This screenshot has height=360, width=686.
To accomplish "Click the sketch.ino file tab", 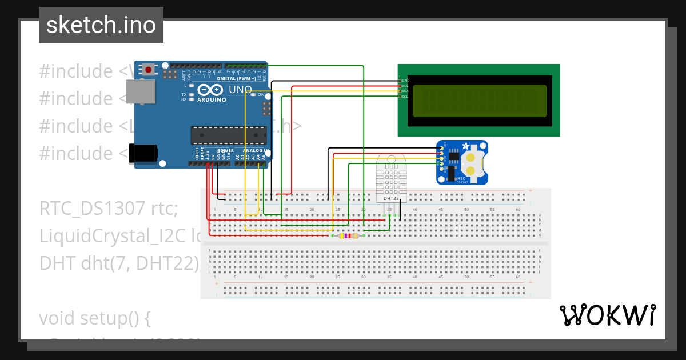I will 101,25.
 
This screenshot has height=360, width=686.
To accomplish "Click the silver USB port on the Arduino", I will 139,92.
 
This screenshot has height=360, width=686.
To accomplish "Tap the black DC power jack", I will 143,153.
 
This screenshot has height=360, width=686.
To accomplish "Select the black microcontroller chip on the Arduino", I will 228,135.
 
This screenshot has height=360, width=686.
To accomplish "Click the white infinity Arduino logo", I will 211,90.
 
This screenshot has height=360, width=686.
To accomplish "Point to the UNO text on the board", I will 240,90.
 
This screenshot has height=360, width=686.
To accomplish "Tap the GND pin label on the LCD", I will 405,81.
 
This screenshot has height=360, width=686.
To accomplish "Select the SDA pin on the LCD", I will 405,91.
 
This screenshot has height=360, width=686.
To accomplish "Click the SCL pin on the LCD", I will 405,97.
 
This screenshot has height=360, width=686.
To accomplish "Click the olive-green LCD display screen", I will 479,100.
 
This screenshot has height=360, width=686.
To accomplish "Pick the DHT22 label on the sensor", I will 392,198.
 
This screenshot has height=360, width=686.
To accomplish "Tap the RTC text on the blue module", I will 461,178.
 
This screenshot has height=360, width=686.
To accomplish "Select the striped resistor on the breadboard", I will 348,235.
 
